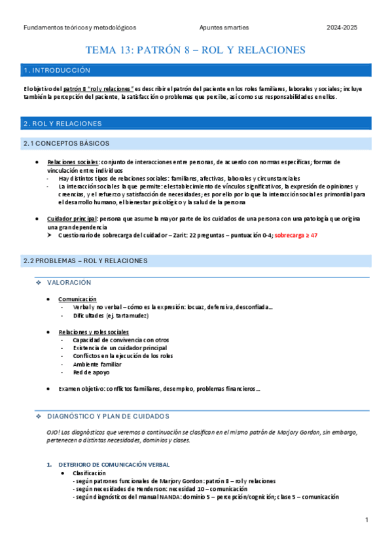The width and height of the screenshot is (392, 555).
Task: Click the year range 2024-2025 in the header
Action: coord(343,28)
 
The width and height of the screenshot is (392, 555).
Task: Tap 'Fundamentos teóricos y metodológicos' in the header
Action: coord(79,28)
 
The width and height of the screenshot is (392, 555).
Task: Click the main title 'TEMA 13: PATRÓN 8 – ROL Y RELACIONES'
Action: coord(196,50)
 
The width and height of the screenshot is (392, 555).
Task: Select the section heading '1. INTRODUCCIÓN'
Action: coord(56,70)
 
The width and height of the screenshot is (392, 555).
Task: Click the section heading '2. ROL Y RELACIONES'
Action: coord(62,123)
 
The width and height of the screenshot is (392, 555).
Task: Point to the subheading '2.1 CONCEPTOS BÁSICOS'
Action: coord(66,143)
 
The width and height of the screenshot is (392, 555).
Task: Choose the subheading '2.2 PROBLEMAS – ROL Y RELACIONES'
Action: coord(85,260)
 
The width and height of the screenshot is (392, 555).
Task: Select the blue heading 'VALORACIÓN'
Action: coord(69,282)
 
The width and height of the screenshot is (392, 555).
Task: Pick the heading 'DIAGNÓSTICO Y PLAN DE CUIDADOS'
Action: coord(108,416)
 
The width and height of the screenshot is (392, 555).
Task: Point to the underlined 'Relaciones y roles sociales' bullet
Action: coord(94,332)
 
